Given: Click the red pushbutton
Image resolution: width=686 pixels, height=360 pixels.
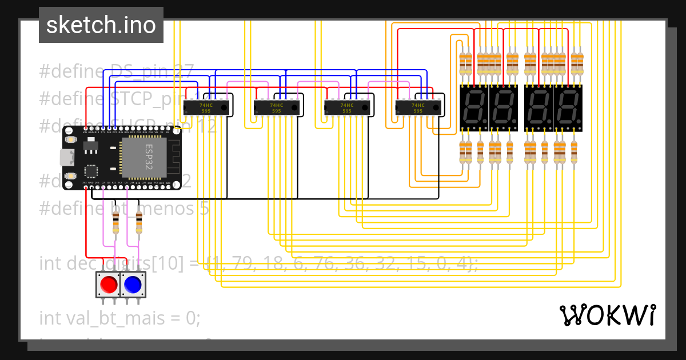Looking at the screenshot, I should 107,284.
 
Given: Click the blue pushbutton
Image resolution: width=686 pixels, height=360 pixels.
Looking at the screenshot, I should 133,284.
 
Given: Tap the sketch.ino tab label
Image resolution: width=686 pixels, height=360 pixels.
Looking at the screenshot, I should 101,25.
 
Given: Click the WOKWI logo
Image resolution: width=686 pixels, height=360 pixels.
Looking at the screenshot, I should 607,315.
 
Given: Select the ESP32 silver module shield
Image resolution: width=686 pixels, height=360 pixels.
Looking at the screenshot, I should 143,157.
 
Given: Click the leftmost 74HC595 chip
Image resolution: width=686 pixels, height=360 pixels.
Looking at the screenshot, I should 206,107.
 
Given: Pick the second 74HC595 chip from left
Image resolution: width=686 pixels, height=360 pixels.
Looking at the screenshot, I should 277,107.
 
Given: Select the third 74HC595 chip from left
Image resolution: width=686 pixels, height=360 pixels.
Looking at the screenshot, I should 347,107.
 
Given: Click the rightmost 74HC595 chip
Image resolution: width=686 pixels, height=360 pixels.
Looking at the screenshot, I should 418,107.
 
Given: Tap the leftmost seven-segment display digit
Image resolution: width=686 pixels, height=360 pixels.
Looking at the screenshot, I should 474,108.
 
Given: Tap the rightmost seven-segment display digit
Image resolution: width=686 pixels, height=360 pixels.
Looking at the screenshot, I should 568,108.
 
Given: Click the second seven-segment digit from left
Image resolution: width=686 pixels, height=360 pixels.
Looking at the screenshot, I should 503,108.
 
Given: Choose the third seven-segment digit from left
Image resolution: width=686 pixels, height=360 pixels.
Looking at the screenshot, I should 539,108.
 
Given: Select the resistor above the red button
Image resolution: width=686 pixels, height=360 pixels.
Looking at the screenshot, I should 116,221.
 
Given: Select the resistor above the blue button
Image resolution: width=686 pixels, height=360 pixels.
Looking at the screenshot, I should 139,221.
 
